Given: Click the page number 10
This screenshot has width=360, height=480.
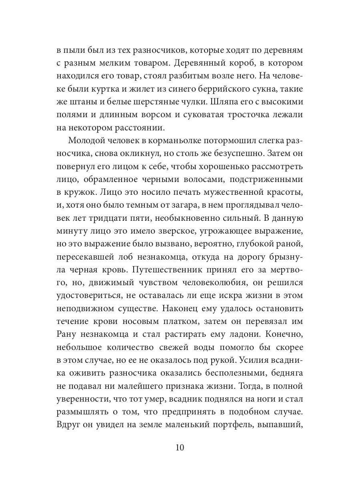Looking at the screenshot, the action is (180, 447).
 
